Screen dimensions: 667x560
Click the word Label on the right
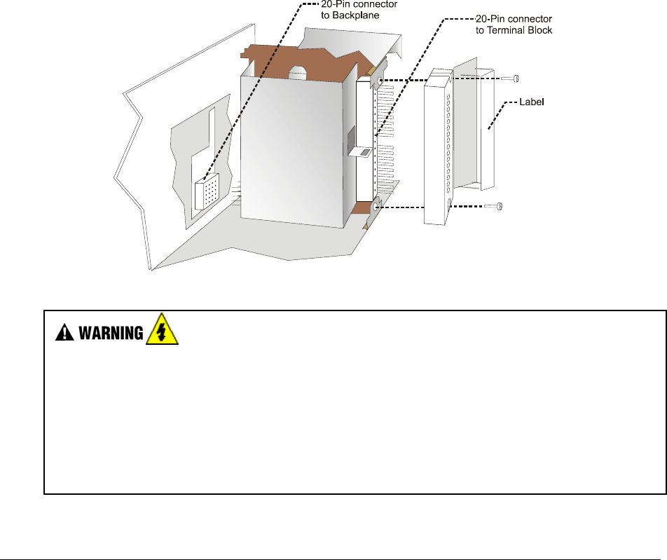tap(532, 102)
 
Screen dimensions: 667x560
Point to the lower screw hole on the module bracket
tap(376, 206)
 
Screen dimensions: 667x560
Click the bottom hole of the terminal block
tap(448, 206)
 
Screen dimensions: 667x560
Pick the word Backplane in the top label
tap(350, 13)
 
